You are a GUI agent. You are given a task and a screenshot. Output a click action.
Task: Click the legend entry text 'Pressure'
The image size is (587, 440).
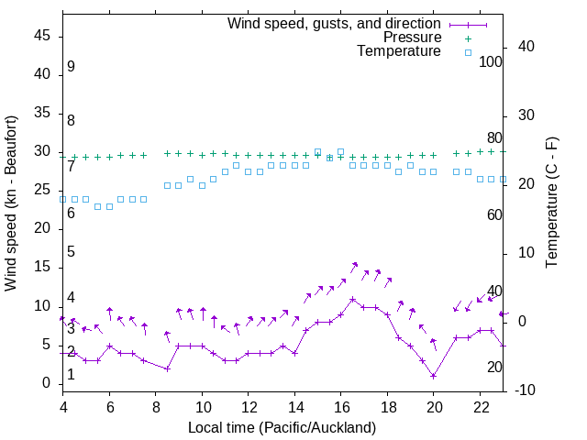[412, 38]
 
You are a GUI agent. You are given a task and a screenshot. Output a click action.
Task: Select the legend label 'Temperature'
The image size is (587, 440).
[399, 51]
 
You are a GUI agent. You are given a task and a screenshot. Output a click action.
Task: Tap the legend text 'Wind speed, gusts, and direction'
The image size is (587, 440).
[335, 23]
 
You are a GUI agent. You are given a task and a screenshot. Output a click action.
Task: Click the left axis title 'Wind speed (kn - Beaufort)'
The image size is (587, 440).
[11, 203]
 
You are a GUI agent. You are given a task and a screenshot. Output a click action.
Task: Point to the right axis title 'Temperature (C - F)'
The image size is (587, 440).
[551, 203]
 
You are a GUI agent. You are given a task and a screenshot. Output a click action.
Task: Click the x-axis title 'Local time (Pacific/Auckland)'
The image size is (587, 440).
[282, 427]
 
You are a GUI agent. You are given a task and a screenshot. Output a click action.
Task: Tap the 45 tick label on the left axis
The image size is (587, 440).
[41, 36]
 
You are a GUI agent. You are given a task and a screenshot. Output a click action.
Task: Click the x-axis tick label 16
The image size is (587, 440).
[340, 406]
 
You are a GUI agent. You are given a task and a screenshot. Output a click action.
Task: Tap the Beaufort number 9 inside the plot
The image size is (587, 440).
[71, 68]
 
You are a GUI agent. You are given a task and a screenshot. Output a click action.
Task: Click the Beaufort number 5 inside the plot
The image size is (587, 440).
[71, 252]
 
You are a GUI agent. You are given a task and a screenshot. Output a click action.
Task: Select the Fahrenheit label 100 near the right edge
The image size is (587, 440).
[491, 62]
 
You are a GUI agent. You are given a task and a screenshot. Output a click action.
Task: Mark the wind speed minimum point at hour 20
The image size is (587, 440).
[433, 376]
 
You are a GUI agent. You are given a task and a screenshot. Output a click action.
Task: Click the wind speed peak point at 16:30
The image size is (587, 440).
[352, 299]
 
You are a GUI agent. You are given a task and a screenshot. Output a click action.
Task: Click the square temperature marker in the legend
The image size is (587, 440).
[467, 52]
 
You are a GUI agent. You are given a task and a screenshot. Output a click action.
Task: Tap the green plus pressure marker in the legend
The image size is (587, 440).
[467, 38]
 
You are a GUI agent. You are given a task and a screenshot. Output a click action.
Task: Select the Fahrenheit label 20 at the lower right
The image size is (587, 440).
[494, 368]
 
